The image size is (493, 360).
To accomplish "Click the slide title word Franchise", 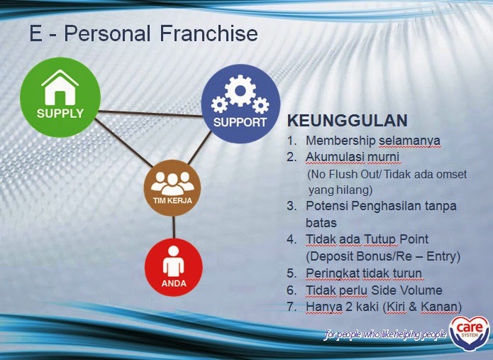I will click(x=209, y=33).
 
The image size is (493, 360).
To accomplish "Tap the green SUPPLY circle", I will click(x=61, y=97).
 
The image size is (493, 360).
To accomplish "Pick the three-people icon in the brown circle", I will click(x=172, y=182).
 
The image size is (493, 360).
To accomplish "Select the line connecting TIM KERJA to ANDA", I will click(x=173, y=227).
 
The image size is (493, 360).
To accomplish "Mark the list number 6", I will click(x=290, y=290).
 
